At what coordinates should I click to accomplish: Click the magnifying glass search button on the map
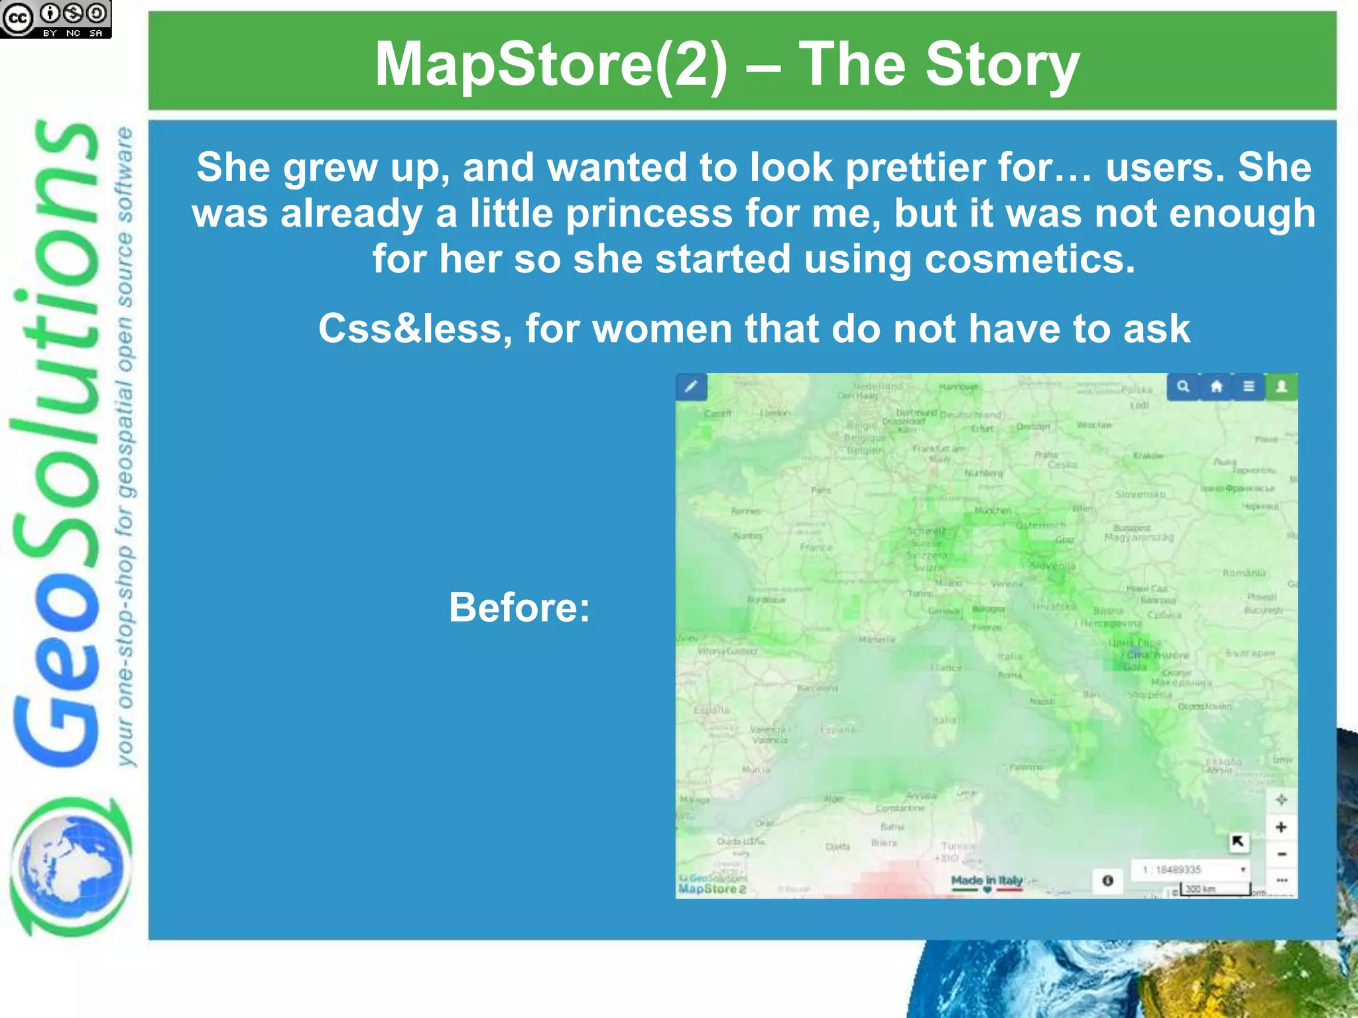coord(1183,386)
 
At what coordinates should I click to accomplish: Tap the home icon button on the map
coord(1216,386)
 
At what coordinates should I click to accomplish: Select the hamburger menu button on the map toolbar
coord(1249,386)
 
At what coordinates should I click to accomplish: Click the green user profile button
coord(1282,386)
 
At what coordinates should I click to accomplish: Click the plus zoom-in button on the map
coord(1281,827)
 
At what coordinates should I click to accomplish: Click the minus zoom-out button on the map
coord(1281,854)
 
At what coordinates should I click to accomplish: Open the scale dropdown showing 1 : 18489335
coord(1192,870)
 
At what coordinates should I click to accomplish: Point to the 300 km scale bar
coord(1214,889)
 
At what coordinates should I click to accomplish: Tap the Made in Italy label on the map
coord(987,881)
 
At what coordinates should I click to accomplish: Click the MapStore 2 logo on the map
coord(712,889)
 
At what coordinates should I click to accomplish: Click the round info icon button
coord(1107,881)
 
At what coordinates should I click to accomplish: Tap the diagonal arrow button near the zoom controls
coord(1237,842)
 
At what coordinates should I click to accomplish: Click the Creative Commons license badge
coord(56,19)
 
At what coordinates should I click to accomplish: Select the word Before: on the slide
coord(519,607)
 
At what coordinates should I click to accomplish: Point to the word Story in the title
coord(1002,64)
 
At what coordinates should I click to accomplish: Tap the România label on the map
coord(1244,573)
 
